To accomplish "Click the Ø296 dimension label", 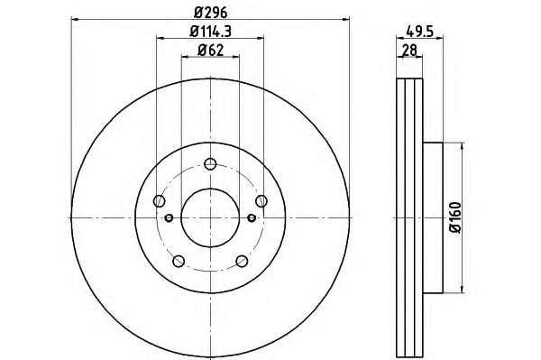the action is pyautogui.click(x=210, y=13).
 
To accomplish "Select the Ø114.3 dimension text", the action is pyautogui.click(x=210, y=32).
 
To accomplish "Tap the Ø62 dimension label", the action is pyautogui.click(x=210, y=51).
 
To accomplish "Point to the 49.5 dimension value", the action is pyautogui.click(x=419, y=32).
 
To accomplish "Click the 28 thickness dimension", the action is pyautogui.click(x=410, y=51).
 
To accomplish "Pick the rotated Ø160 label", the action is pyautogui.click(x=455, y=217).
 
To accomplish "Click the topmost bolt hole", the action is pyautogui.click(x=210, y=163).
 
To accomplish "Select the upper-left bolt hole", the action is pyautogui.click(x=159, y=200).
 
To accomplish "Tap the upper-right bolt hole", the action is pyautogui.click(x=261, y=200).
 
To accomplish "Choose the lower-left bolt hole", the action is pyautogui.click(x=179, y=261).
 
